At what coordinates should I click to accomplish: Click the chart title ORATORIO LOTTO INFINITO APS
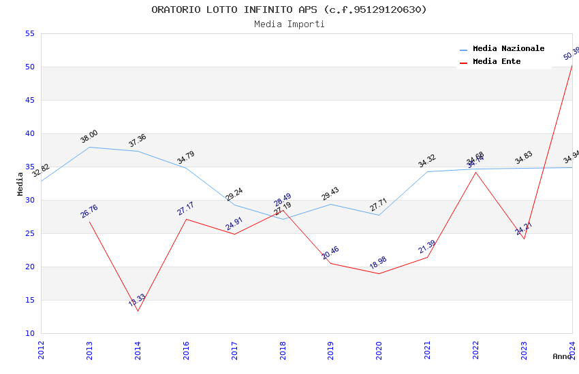point(289,10)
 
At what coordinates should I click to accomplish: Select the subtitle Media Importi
point(289,24)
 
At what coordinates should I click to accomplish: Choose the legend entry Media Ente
point(497,61)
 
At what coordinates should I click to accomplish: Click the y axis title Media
point(20,184)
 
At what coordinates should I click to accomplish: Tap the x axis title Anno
point(562,356)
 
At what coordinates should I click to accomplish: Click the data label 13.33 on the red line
point(137,301)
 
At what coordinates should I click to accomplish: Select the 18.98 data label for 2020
point(378,263)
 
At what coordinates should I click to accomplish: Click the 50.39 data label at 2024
point(571,54)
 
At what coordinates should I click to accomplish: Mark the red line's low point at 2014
point(138,311)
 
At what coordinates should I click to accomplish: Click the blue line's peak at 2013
point(90,147)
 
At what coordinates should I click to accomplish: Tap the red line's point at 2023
point(524,239)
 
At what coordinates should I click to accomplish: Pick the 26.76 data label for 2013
point(89,211)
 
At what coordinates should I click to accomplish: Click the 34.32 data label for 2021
point(426,161)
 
